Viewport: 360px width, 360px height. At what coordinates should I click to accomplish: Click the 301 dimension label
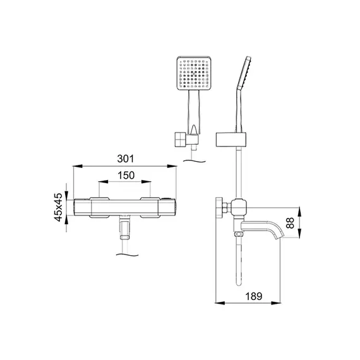click(125, 159)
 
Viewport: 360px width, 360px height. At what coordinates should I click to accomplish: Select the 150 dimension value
click(126, 176)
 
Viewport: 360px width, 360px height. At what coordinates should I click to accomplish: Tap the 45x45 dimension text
click(58, 207)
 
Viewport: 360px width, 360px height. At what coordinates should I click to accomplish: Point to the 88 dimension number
click(290, 223)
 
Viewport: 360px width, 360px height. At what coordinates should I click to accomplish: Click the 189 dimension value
click(254, 296)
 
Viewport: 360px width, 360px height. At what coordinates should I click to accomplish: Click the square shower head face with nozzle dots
click(194, 73)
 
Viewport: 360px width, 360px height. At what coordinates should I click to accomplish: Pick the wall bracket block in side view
click(231, 140)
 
